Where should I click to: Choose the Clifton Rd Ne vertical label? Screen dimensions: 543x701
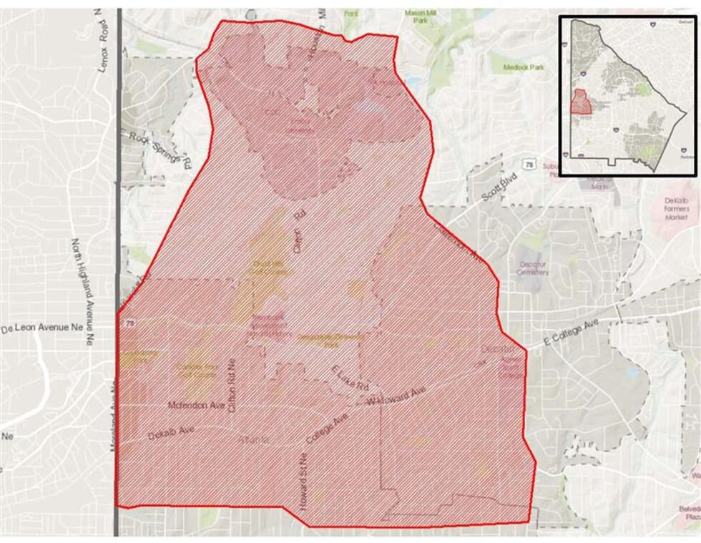point(231,385)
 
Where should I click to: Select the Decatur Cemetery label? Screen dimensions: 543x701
point(533,268)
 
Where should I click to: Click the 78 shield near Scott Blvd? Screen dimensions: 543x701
point(529,165)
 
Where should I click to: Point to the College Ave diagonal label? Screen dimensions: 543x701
point(325,427)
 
